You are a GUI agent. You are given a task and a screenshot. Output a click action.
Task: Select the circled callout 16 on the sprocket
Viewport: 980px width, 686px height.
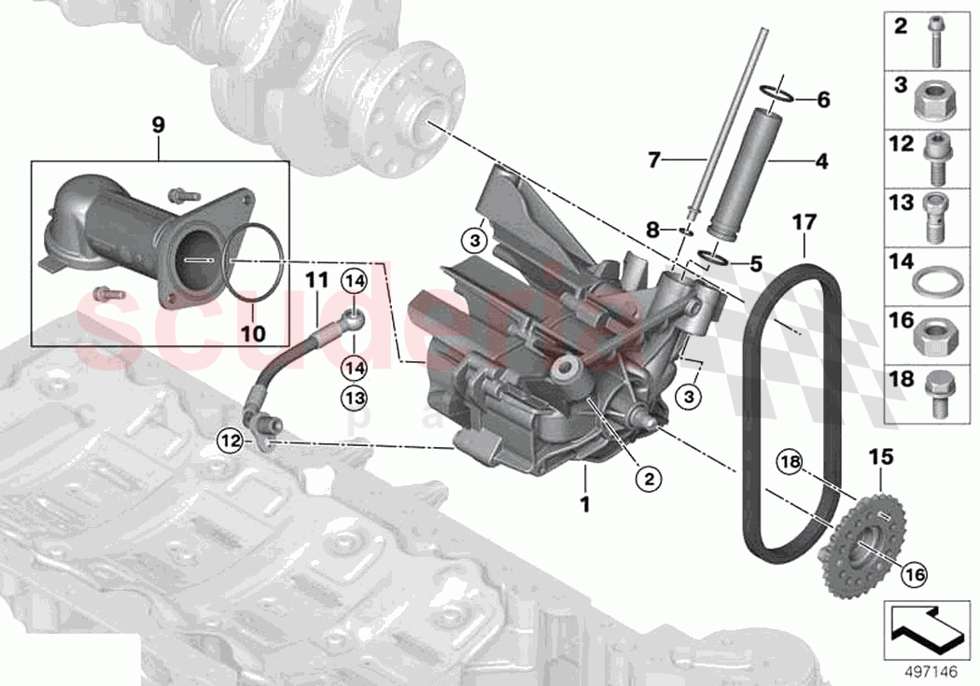point(914,577)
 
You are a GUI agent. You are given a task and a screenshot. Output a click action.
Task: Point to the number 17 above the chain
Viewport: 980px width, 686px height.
point(805,223)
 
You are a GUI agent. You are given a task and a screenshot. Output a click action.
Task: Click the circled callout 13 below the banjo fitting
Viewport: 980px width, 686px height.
point(355,398)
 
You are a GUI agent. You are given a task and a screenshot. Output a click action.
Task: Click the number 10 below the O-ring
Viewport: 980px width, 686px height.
point(254,333)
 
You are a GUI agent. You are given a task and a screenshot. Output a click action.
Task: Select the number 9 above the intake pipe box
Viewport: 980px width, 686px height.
point(158,122)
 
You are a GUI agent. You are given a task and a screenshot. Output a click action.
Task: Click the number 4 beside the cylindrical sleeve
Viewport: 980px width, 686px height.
point(821,161)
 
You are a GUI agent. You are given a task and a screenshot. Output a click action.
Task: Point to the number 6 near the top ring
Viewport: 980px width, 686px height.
point(822,99)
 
